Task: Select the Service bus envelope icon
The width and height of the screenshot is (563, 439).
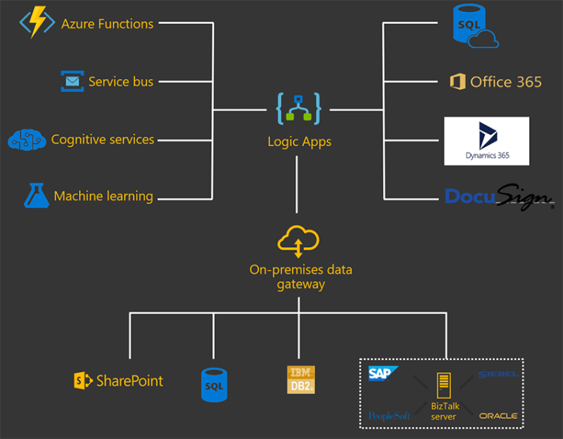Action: [x=72, y=82]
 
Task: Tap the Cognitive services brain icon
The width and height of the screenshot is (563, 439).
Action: [x=27, y=140]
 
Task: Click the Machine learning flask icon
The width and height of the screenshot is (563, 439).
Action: [x=35, y=196]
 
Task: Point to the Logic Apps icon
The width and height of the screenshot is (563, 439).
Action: [x=299, y=109]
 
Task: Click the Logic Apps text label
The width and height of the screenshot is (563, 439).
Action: [x=299, y=142]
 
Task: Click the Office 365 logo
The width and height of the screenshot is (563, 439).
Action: [x=496, y=82]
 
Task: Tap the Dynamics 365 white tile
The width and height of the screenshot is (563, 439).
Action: [x=486, y=141]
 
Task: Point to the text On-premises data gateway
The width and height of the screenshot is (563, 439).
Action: [x=301, y=277]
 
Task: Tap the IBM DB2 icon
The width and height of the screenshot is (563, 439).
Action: [x=301, y=379]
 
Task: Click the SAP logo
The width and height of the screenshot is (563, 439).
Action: [x=384, y=373]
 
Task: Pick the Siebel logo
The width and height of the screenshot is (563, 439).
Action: [x=497, y=374]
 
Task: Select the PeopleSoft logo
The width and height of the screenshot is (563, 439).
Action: [x=389, y=416]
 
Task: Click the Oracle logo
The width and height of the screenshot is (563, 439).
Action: [x=498, y=416]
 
